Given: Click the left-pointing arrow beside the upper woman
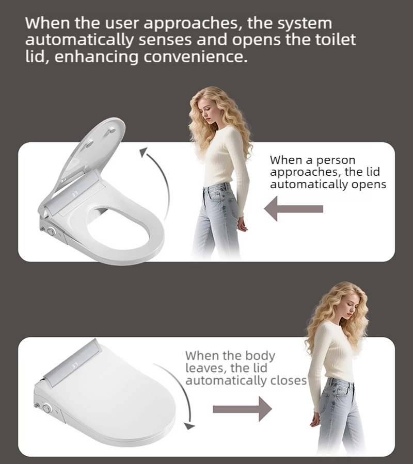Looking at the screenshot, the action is pos(293,209).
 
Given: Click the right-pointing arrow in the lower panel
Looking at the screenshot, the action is pos(242,409).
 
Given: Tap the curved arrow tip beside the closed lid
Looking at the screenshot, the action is pos(189,426).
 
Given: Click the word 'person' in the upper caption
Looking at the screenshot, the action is pos(336,161).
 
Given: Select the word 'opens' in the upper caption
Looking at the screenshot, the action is pos(369,185).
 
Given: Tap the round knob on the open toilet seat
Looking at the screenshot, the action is pos(51,231).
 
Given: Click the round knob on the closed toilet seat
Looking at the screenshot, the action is pos(47,409).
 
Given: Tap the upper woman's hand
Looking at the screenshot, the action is pos(242,225).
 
